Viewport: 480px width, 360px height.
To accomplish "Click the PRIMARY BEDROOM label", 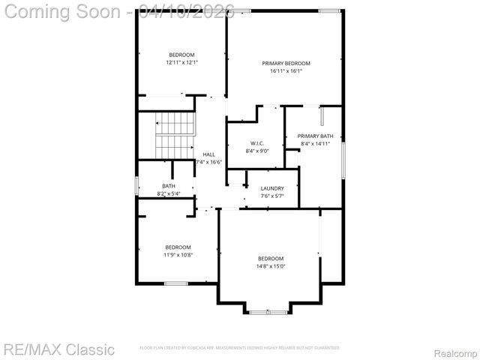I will (286, 63).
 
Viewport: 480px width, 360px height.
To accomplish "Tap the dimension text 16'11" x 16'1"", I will (286, 71).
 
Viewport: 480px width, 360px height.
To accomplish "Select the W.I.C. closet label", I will (256, 142).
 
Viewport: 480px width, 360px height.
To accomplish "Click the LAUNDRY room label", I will (271, 188).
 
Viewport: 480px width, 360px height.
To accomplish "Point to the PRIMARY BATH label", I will (315, 136).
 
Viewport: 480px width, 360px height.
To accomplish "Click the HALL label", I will (208, 154).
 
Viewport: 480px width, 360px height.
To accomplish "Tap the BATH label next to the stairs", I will (169, 186).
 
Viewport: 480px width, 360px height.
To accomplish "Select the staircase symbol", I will (174, 135).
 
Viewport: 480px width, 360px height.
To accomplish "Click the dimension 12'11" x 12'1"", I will (181, 62).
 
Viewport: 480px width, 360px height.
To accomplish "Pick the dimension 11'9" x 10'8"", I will (178, 255).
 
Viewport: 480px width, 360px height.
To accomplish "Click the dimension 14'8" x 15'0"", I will (271, 266).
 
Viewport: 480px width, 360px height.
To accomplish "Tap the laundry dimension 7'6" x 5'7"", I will (271, 196).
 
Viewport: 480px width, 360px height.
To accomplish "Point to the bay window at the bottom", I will (268, 311).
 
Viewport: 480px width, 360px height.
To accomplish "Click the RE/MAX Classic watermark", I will (58, 349).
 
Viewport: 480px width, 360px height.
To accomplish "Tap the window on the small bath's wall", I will (136, 186).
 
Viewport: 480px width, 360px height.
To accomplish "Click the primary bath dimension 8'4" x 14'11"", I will (315, 144).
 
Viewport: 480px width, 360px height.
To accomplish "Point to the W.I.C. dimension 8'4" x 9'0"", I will (256, 151).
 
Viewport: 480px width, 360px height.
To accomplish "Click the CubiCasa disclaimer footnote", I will (240, 348).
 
